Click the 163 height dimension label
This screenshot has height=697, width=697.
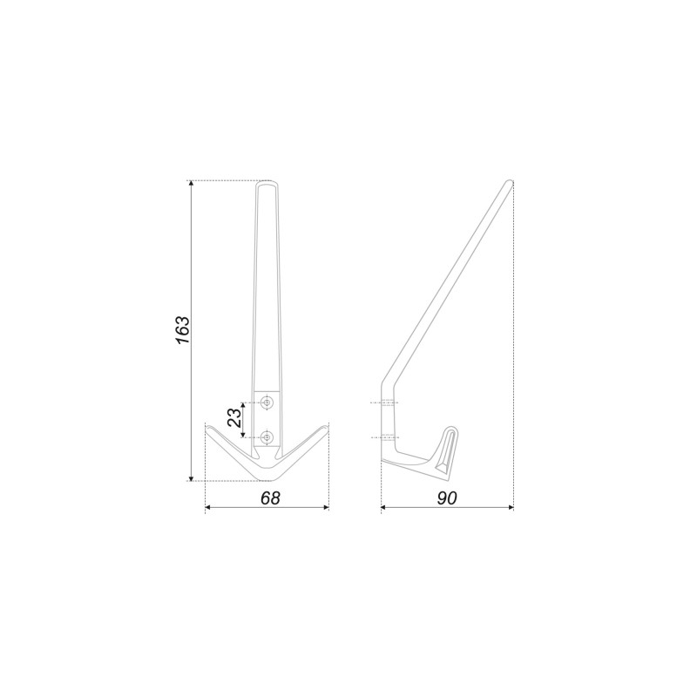tap(183, 330)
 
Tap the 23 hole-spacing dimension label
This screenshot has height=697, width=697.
tap(234, 418)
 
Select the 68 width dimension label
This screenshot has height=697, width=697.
tap(270, 498)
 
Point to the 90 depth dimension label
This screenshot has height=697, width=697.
tap(447, 498)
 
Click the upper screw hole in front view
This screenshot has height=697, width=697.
tap(267, 403)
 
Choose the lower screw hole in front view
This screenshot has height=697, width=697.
tap(267, 437)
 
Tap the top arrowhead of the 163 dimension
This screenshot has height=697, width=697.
tap(192, 185)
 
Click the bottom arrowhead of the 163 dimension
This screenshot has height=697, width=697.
tap(192, 477)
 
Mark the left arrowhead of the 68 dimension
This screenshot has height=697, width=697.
tap(208, 507)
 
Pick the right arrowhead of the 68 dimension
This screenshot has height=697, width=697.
tap(325, 507)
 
